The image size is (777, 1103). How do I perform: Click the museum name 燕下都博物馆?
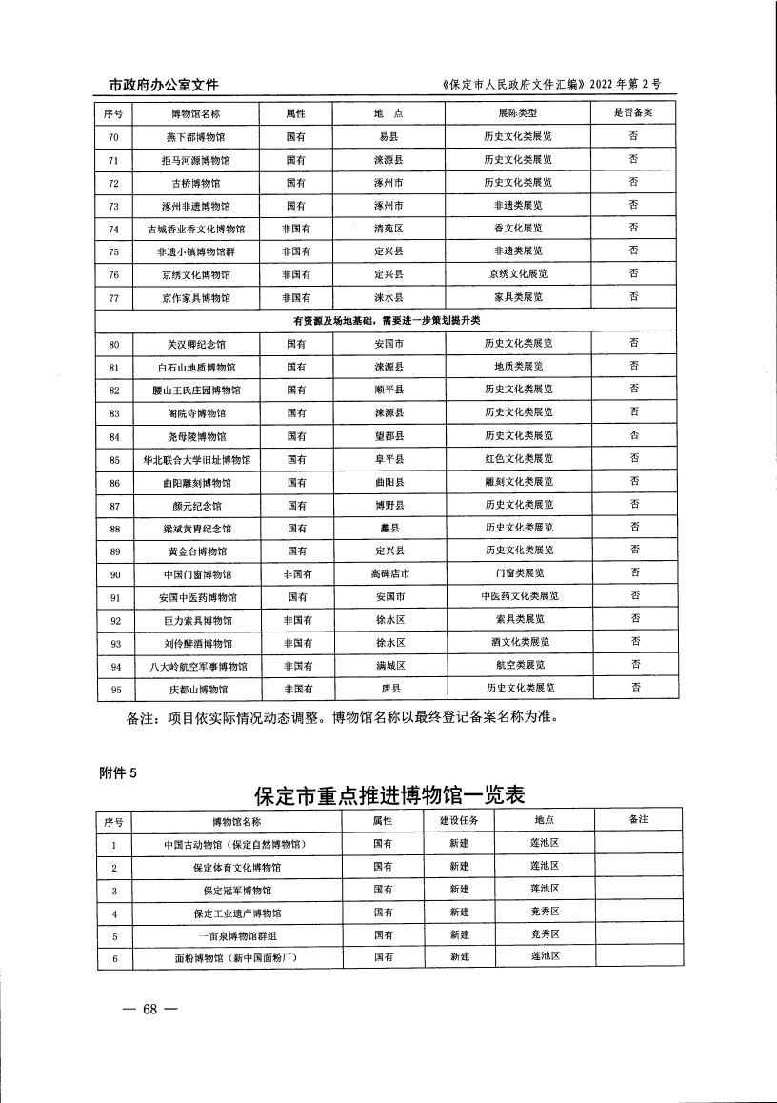click(196, 136)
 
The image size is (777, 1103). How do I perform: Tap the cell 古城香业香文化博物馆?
click(196, 229)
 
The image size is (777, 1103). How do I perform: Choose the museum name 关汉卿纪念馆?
click(196, 343)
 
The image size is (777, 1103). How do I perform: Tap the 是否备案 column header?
click(633, 112)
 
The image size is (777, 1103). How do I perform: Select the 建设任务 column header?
click(459, 820)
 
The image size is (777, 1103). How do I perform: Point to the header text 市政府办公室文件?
click(157, 85)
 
